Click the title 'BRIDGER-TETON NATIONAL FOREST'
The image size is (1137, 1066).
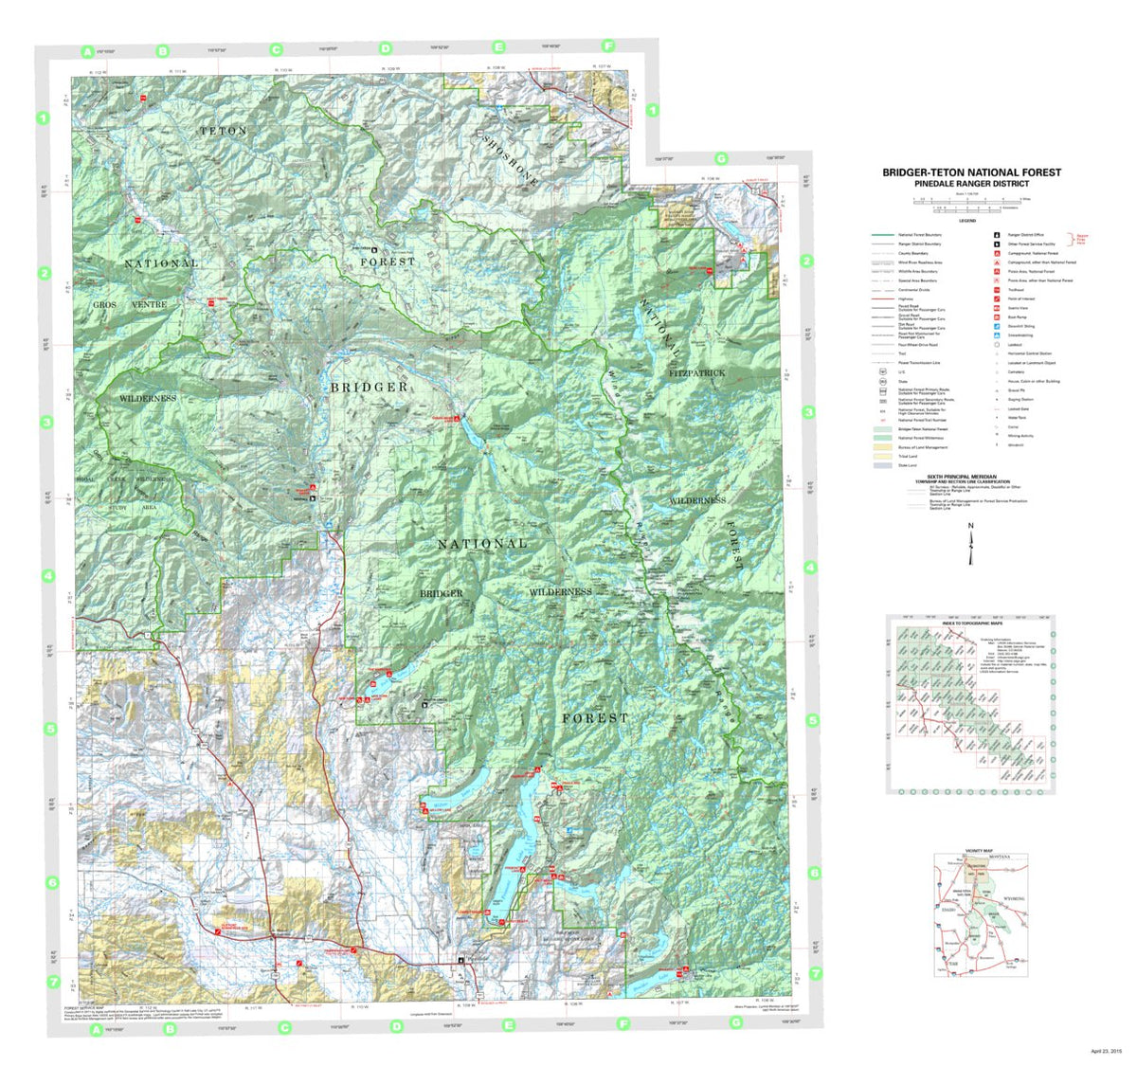coord(971,172)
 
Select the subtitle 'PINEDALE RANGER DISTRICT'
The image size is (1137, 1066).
coord(971,184)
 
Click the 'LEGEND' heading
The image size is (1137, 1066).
coord(967,221)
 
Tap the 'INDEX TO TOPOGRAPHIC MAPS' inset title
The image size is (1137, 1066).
coord(970,622)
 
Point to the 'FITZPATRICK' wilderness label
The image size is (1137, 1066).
coord(696,373)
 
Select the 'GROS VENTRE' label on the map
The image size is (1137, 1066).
coord(130,304)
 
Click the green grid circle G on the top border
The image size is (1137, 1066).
coord(721,158)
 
